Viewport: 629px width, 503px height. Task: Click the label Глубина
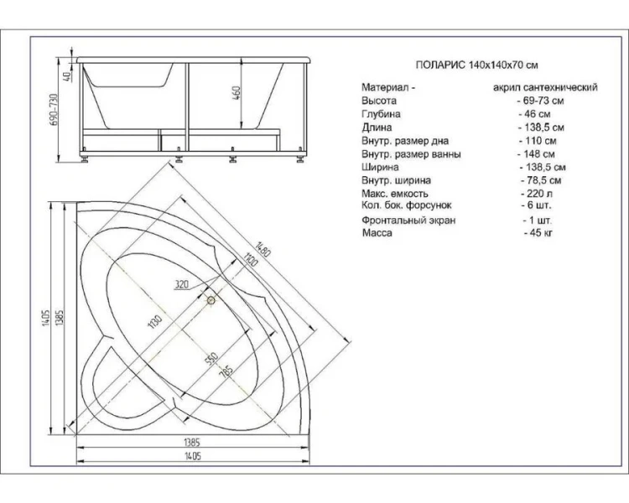pyautogui.click(x=381, y=113)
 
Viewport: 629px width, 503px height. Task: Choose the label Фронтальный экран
pyautogui.click(x=408, y=220)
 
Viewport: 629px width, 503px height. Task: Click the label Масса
pyautogui.click(x=377, y=233)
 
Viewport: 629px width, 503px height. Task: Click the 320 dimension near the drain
pyautogui.click(x=183, y=284)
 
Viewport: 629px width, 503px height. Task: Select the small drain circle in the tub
pyautogui.click(x=211, y=299)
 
